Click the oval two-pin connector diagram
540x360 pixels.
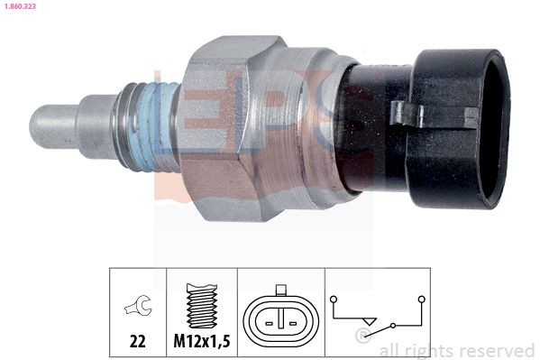tap(282, 317)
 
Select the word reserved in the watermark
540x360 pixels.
tap(498, 350)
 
